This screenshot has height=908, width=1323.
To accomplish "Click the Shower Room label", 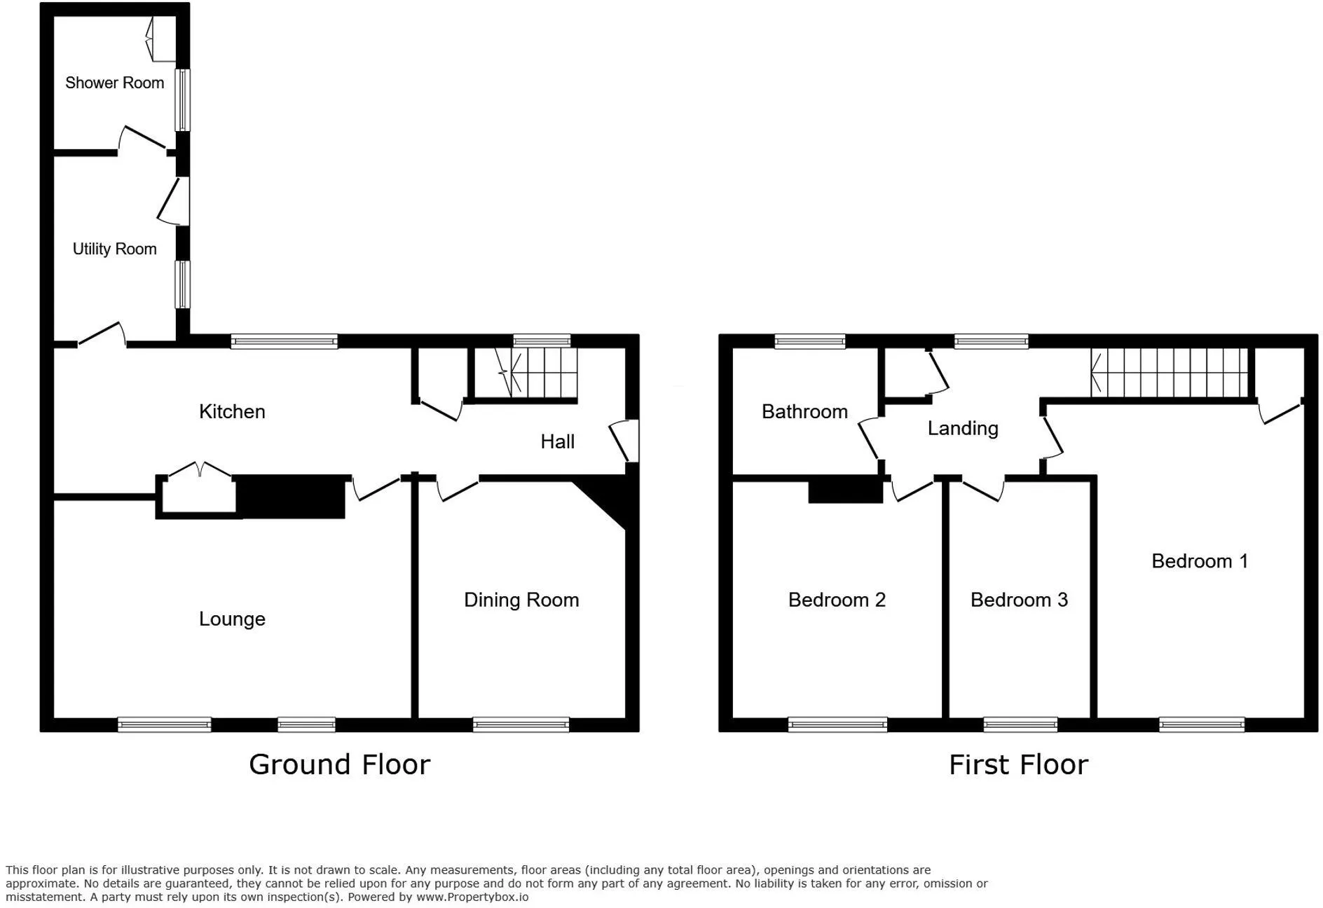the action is [115, 83].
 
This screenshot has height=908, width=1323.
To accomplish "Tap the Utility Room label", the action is [115, 249].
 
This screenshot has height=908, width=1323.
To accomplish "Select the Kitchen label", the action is [232, 411].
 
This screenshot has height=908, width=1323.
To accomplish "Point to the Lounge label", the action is [232, 619].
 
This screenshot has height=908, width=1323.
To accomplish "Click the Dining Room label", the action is [521, 600].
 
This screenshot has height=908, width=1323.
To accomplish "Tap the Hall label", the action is [558, 441].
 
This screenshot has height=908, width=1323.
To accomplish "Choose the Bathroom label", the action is [804, 411].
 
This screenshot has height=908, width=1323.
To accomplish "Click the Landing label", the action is [963, 428].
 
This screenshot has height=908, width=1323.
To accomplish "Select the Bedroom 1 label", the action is [1200, 560].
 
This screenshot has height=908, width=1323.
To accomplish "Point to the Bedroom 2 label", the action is [837, 600].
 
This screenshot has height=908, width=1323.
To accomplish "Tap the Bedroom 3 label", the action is [1019, 600].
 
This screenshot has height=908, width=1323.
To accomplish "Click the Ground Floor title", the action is [340, 764].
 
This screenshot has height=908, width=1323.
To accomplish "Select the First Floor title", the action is [1019, 764].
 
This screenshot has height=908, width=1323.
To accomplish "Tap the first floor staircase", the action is [1170, 373].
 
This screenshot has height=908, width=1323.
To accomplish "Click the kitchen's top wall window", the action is [285, 341].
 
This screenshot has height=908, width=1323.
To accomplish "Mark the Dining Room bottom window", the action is [521, 724].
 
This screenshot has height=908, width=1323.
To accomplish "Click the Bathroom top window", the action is [810, 341].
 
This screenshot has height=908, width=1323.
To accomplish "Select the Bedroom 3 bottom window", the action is [1020, 724].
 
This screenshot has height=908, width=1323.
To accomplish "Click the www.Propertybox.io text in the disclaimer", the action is [472, 897].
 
